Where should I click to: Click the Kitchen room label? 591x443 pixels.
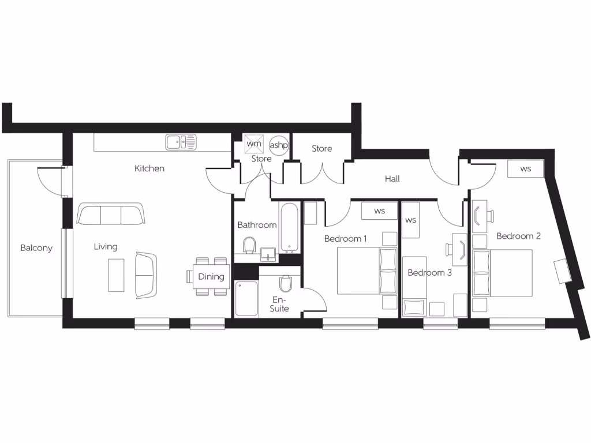[149, 168]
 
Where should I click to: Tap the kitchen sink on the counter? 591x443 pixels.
[181, 141]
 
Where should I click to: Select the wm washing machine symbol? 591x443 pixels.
[254, 143]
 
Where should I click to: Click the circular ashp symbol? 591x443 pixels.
[278, 144]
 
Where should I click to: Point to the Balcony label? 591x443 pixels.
[36, 248]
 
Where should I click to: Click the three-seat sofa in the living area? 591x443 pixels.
[110, 214]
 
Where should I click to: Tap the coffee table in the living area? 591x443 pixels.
[116, 275]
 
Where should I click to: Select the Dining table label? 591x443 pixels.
[211, 276]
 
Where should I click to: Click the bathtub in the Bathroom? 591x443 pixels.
[289, 227]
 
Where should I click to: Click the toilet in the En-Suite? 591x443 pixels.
[285, 284]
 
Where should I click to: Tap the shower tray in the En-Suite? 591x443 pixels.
[246, 298]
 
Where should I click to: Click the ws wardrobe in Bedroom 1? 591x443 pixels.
[379, 211]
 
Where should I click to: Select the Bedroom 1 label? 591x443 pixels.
[346, 238]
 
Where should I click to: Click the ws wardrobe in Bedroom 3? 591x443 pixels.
[410, 220]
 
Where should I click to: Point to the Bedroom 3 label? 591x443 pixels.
[430, 272]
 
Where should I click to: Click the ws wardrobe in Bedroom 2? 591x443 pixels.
[525, 169]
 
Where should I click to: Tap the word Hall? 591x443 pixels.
[392, 179]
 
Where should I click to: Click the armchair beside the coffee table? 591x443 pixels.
[145, 275]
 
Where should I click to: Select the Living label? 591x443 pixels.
[106, 247]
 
